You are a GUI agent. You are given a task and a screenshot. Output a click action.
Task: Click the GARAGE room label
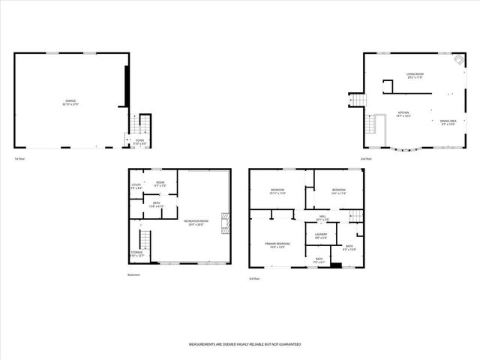coord(71,103)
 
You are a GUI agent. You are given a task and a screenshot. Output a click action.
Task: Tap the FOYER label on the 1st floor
coord(139,140)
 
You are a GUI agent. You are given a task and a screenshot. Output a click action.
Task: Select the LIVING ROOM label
coord(416,76)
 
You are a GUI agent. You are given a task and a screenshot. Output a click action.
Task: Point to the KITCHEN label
coord(403,114)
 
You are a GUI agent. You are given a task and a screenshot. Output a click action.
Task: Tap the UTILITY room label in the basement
coord(136,186)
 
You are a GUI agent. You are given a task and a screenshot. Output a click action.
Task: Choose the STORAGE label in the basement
coord(136,254)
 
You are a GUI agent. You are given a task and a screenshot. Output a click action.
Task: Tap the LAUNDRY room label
coord(320,236)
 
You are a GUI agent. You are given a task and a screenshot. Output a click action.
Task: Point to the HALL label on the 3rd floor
coord(322,217)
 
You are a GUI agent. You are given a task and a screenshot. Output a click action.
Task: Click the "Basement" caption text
coord(134,275)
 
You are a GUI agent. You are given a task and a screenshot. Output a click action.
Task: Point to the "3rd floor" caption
coord(255,278)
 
